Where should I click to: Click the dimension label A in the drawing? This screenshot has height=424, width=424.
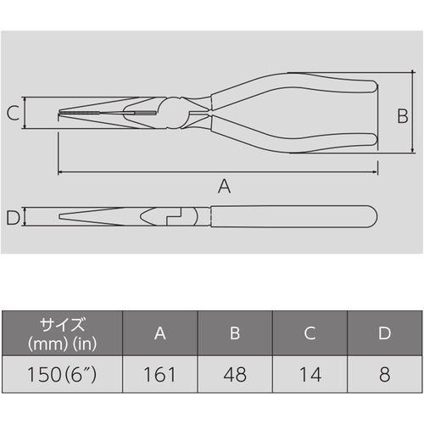coord(224,187)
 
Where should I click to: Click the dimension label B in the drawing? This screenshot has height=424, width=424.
coord(403,116)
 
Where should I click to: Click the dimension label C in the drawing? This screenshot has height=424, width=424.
coord(13,112)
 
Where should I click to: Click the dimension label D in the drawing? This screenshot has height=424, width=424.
coord(12,218)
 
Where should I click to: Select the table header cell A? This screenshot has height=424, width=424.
coord(160,333)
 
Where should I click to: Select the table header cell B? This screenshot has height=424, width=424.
coord(235,333)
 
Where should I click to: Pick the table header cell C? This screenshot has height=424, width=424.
coord(310,333)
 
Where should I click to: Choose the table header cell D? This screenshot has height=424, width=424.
coord(384,333)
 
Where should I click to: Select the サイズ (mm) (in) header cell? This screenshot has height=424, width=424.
coord(62,333)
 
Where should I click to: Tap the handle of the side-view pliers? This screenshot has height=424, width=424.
coord(288,217)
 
